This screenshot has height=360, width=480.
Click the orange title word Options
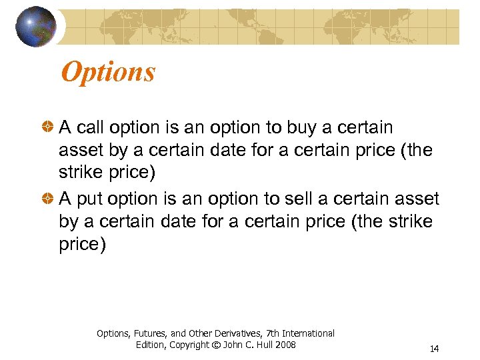click(108, 72)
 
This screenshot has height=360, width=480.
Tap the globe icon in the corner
click(36, 27)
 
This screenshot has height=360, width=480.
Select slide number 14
click(434, 349)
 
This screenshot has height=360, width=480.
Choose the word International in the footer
click(309, 333)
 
